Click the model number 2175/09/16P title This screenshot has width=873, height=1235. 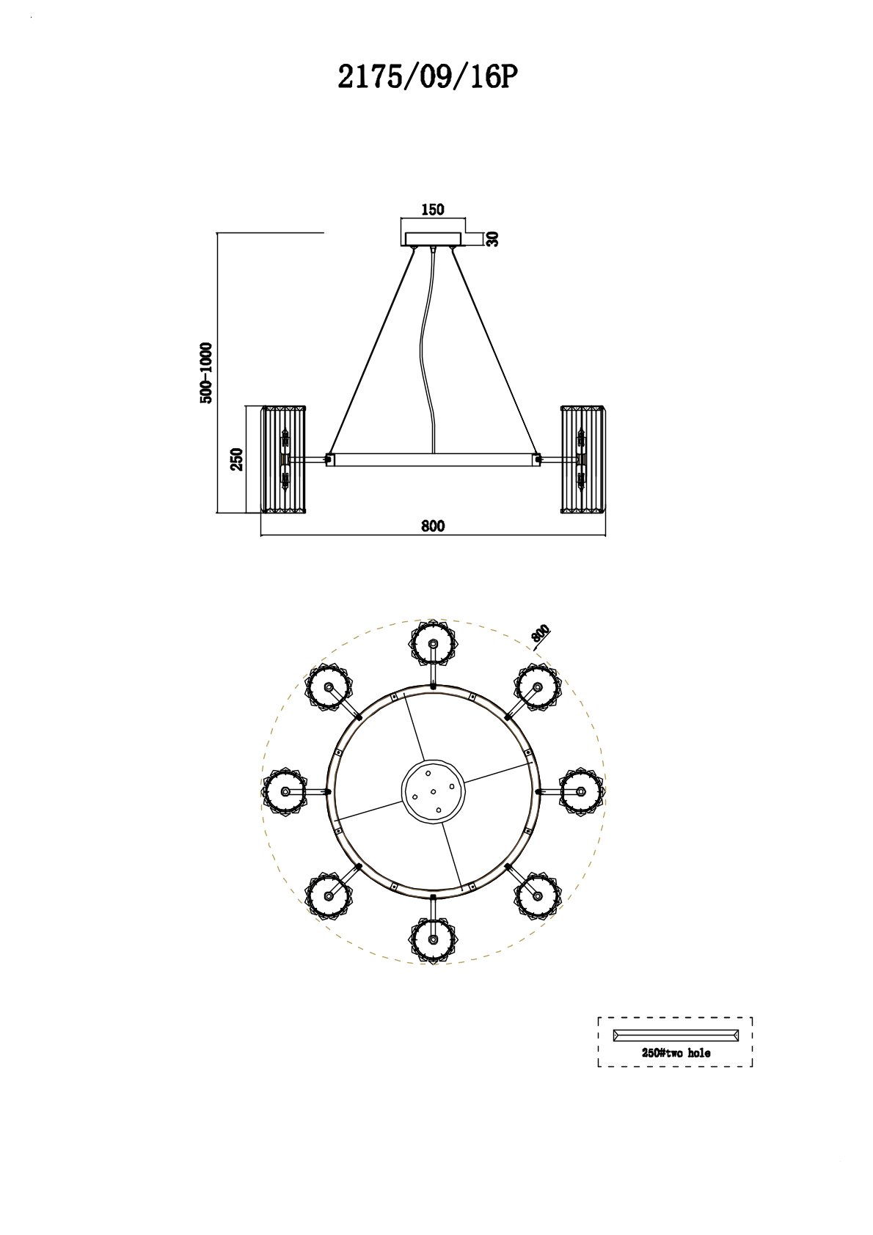[423, 76]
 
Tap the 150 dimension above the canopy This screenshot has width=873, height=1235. [433, 210]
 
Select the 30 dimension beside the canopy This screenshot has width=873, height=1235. [492, 238]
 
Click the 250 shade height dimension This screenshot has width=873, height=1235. [237, 459]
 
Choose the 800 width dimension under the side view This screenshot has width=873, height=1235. [433, 526]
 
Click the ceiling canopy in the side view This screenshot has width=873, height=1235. [433, 239]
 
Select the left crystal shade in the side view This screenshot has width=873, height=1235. [285, 460]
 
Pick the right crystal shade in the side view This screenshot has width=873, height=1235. [582, 460]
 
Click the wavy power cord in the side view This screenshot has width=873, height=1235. [428, 351]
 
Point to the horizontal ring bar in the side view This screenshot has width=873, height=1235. [434, 460]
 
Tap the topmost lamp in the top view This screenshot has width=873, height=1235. [433, 644]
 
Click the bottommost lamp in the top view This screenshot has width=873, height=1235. [433, 939]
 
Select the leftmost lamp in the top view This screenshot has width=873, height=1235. [285, 791]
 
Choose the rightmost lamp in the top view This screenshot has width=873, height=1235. [581, 791]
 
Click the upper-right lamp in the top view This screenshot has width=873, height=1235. [538, 687]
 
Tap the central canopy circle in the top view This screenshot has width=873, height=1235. [433, 792]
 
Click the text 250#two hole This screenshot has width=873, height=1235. [676, 1053]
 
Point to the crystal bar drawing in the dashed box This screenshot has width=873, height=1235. [676, 1035]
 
